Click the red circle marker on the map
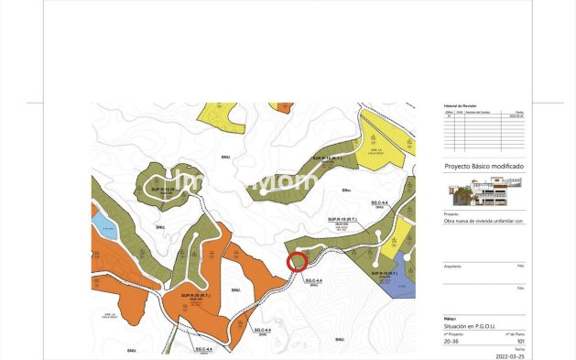point(297,263)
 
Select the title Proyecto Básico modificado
point(484,167)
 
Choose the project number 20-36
point(451,340)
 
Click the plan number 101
point(520,340)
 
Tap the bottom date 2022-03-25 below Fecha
point(512,355)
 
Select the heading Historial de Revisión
point(462,106)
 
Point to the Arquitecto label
point(452,266)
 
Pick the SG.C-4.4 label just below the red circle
point(314,280)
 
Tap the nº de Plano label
point(515,333)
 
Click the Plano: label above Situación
point(449,320)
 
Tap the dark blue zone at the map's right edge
point(407,284)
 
